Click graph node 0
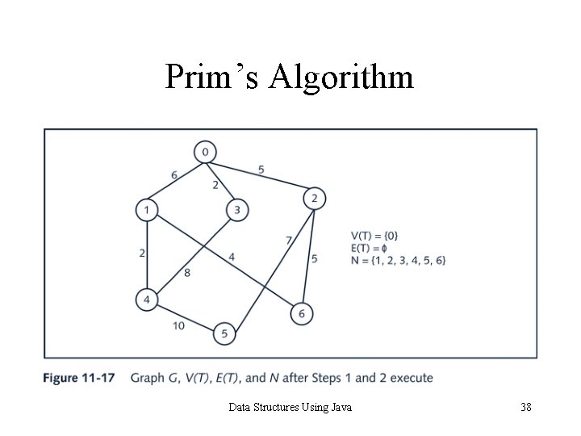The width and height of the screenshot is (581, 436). pos(206,152)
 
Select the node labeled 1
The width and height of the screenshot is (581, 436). pos(146,210)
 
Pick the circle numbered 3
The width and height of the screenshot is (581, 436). pos(236,210)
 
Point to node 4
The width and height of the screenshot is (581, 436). pos(146,300)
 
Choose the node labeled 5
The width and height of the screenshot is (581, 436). pos(225,333)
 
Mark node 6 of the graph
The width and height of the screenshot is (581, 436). pos(301,313)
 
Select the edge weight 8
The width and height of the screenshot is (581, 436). pos(187,273)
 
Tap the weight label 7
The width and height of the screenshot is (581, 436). pos(288,240)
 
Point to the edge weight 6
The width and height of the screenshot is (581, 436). pos(174,175)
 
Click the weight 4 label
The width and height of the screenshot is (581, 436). pos(232,257)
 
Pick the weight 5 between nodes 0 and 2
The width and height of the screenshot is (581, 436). pos(261,170)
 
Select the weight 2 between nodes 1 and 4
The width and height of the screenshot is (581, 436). pos(142,253)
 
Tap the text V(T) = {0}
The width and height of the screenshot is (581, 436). pos(374,235)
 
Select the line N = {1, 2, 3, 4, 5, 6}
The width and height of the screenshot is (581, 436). pos(398,259)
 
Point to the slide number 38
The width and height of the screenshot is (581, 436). pos(525,408)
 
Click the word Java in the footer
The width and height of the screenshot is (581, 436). pos(341,408)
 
